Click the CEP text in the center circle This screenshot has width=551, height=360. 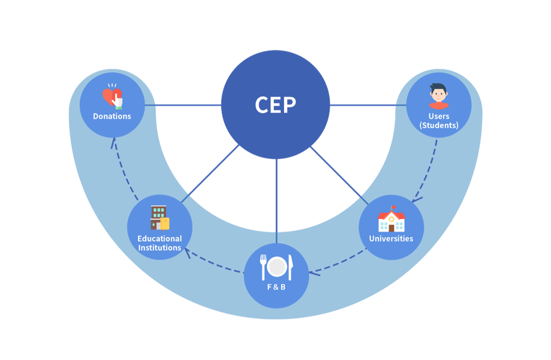275,105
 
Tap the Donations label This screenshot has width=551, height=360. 112,116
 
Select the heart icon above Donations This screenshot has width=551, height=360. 112,97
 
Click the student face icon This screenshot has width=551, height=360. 438,96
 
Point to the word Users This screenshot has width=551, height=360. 439,116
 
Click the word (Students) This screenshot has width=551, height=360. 439,126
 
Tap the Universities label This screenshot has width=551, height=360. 391,239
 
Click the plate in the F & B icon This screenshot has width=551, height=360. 277,267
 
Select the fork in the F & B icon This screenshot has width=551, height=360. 263,267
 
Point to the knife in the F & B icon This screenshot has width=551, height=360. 290,267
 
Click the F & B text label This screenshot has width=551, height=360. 276,288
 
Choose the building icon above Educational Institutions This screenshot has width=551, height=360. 160,218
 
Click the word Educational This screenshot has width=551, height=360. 160,239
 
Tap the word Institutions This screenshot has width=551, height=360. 160,248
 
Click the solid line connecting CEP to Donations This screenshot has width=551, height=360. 183,105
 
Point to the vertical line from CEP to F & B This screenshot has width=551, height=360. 277,202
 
